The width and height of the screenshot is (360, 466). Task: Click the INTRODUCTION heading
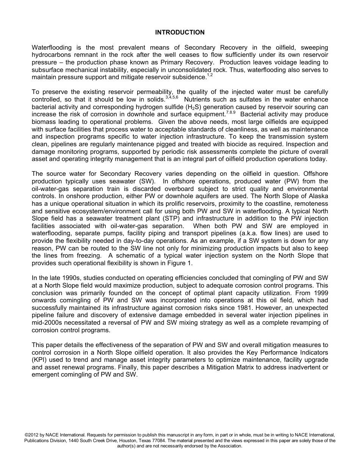tap(180, 33)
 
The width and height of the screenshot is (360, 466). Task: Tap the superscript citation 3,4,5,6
tap(172, 98)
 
